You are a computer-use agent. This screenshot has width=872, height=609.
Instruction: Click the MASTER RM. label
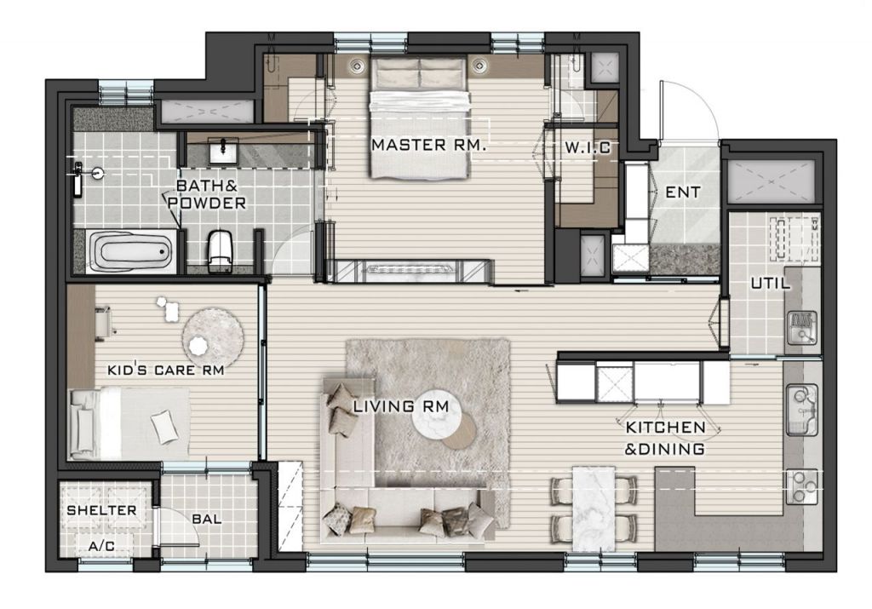[429, 145]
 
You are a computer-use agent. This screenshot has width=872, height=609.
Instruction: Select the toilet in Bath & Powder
[220, 250]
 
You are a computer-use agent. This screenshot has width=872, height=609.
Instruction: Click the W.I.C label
[588, 147]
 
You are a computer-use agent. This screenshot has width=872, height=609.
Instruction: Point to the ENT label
[682, 192]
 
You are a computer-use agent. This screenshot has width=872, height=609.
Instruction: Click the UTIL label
[770, 283]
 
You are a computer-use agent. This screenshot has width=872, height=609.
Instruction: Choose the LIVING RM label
[401, 406]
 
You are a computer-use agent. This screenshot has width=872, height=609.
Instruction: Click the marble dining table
[594, 508]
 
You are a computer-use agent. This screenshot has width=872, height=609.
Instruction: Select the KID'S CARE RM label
[166, 370]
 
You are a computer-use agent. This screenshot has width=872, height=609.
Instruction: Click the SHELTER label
[101, 510]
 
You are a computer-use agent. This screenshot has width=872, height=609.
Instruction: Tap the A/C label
[101, 546]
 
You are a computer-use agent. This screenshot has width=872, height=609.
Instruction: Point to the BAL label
[207, 520]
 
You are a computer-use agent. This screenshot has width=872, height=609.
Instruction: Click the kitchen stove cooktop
[801, 486]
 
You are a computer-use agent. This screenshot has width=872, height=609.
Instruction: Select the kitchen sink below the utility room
[801, 410]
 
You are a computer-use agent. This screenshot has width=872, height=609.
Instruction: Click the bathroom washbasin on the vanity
[223, 151]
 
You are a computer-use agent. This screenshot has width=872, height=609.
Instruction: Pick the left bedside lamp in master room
[357, 66]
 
